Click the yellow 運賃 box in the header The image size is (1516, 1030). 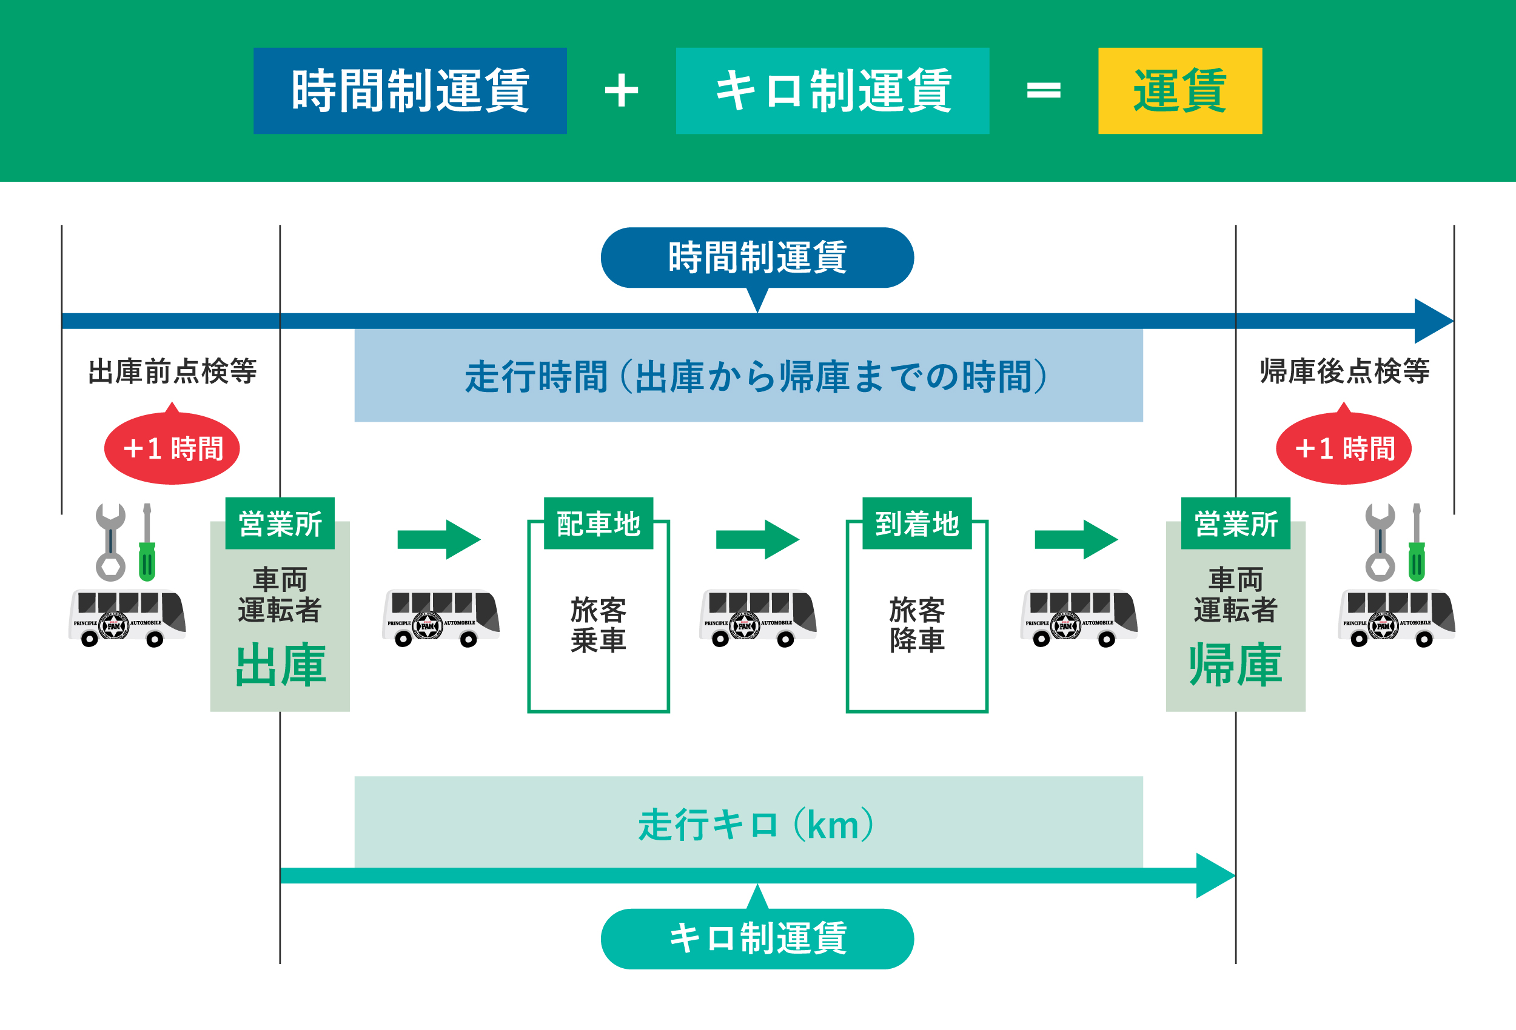(x=1179, y=91)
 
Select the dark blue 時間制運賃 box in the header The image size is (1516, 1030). (x=410, y=91)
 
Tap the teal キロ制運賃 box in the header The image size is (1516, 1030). (x=833, y=91)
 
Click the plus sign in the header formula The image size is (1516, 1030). (x=621, y=91)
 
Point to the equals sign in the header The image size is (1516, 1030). (x=1044, y=91)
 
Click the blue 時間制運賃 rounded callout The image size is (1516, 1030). (x=757, y=257)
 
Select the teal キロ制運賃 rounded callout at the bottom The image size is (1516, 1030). (x=757, y=939)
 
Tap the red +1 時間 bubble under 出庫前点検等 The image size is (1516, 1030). (x=172, y=448)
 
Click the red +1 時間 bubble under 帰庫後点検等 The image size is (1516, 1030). (x=1344, y=448)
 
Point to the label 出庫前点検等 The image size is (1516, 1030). (x=172, y=371)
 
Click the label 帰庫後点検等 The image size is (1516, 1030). (x=1344, y=371)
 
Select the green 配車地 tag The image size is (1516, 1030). (x=598, y=523)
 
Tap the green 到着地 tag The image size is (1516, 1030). (x=916, y=523)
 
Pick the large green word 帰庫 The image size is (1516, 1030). (x=1235, y=665)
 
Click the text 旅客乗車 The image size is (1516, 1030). (x=598, y=625)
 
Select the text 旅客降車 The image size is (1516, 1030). (x=916, y=625)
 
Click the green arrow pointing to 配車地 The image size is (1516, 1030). (x=438, y=539)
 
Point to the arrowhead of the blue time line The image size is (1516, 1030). (x=1432, y=321)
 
